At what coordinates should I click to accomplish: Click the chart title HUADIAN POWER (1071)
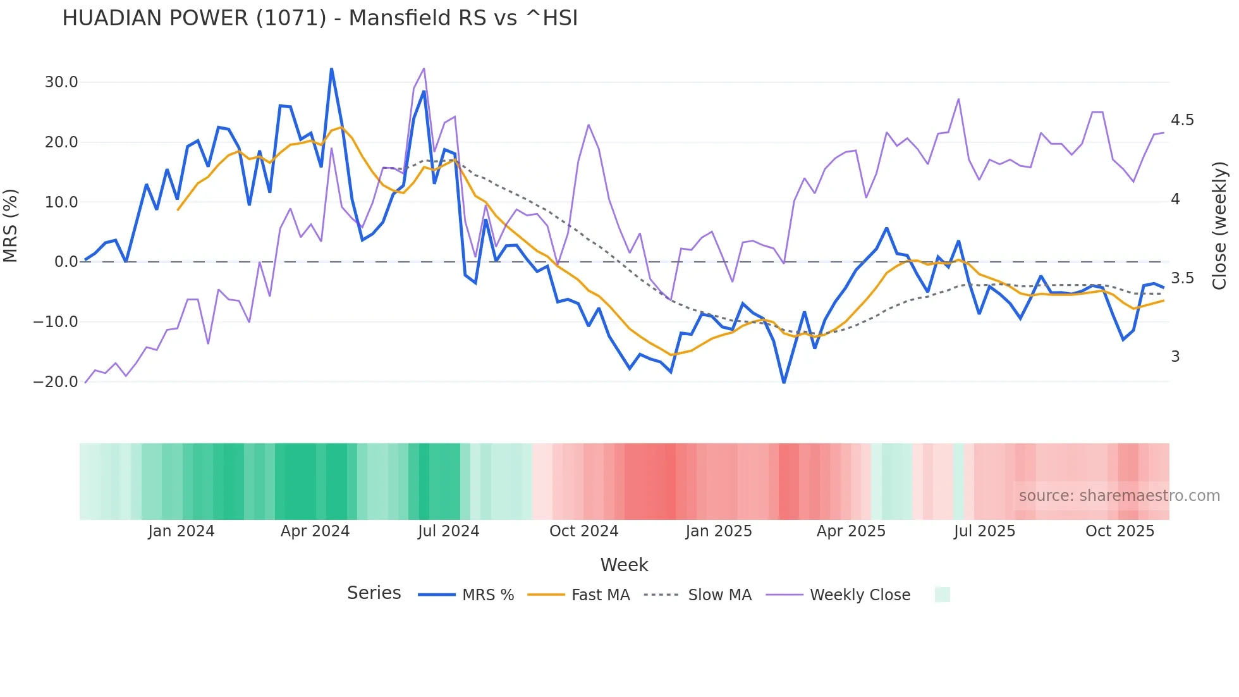point(320,18)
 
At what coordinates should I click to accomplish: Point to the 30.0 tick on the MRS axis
point(61,82)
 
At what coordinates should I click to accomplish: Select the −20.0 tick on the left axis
point(56,382)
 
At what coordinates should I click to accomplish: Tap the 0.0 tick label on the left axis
point(66,262)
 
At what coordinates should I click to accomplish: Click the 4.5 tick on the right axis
point(1182,120)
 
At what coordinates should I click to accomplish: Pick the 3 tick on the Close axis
point(1175,357)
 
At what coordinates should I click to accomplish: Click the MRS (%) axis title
point(11,225)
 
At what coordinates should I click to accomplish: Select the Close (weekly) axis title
point(1219,226)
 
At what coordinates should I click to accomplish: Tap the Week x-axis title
point(624,565)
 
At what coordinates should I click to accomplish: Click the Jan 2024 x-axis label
point(181,531)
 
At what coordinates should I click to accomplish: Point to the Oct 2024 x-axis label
point(583,531)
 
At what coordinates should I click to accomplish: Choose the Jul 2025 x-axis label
point(984,531)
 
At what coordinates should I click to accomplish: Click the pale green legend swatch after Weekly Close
point(942,595)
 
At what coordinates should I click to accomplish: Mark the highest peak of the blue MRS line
point(331,69)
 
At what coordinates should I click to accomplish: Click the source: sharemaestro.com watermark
point(1119,496)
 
